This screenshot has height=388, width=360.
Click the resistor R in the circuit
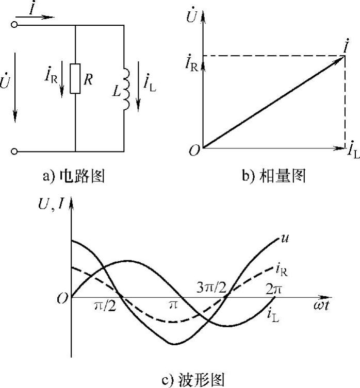coord(75,79)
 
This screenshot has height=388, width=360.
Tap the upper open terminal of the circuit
coord(14,24)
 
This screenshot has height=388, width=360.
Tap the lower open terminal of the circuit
coord(14,151)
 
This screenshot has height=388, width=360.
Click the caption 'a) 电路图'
coord(74,177)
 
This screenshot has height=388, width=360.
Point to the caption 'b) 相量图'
coord(274,177)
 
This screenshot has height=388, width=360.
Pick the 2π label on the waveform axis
coord(273,289)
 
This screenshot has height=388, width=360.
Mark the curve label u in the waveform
coord(284,238)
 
